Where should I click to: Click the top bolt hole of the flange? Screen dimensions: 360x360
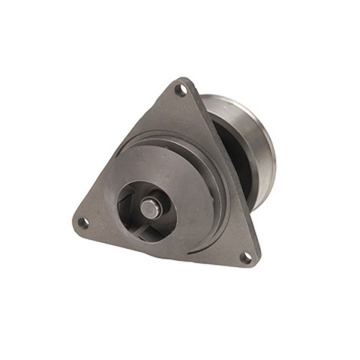coord(180,90)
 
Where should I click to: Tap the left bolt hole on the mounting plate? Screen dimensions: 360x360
coord(85,222)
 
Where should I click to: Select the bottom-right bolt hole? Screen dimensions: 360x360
coord(245,256)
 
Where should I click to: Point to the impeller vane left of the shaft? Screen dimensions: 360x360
coord(129,204)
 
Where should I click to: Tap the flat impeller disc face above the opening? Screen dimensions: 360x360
coord(161,161)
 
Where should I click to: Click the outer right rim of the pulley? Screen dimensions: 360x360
coord(271,150)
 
